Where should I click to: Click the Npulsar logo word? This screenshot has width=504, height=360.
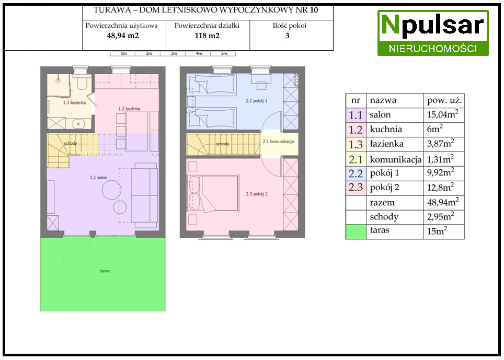pos(433,26)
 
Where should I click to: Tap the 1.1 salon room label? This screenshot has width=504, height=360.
pos(99,177)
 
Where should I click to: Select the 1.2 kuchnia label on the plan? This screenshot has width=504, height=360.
pos(129,109)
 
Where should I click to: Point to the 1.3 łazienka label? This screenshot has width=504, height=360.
pos(74,102)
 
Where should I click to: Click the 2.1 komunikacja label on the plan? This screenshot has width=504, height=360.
pos(278,141)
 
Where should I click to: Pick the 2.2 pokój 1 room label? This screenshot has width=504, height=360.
pos(257,100)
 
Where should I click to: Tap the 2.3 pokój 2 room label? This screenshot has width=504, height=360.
pos(257,194)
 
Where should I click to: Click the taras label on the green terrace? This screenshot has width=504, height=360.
pos(105,271)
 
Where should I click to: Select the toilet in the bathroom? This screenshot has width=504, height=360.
pos(82,82)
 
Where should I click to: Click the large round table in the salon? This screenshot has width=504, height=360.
pos(111,190)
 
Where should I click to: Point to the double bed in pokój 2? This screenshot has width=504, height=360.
pos(214,194)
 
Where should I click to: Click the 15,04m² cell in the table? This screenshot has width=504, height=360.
pos(443,114)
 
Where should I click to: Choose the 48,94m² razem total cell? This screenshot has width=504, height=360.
pos(443,202)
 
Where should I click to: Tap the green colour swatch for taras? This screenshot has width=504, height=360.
pos(356,232)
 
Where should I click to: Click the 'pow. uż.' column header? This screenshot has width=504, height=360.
pos(444,100)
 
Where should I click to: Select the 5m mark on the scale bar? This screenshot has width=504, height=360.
pos(224,54)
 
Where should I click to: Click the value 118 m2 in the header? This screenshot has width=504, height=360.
pos(207,36)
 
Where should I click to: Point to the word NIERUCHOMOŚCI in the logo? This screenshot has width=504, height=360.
pos(433,49)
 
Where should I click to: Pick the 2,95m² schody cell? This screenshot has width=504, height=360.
pos(441,216)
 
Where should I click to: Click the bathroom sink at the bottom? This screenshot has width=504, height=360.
pos(77,124)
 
